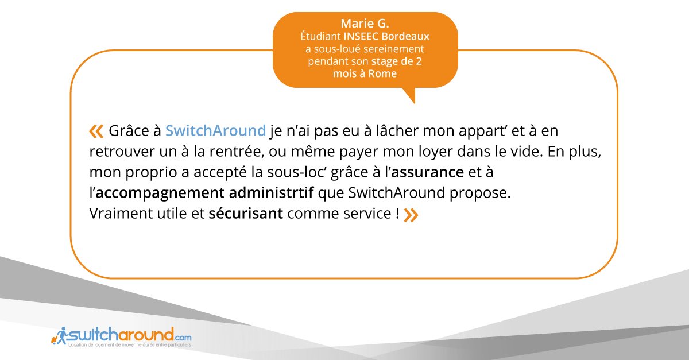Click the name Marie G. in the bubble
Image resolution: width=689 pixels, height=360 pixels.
[365, 24]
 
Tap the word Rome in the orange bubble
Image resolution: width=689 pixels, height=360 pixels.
[382, 74]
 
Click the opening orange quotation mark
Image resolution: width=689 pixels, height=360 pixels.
[96, 131]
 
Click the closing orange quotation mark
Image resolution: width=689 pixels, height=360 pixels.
[411, 215]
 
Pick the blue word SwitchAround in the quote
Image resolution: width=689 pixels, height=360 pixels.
[215, 131]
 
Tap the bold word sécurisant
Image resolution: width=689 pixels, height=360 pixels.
[246, 214]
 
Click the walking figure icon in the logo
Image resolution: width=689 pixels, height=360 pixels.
[59, 335]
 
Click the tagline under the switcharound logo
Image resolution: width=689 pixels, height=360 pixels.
[129, 346]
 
